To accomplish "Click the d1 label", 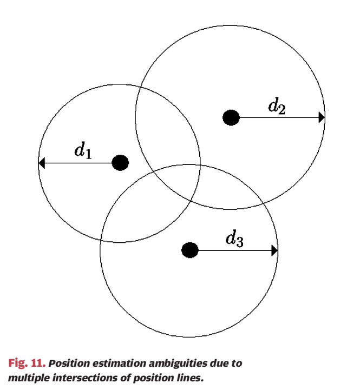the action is (83, 150).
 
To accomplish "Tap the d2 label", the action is (277, 105).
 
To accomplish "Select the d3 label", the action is (234, 238).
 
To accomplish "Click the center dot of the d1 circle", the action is (120, 162).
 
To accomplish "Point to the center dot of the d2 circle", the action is (231, 117).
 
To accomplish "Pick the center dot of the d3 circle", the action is (189, 250).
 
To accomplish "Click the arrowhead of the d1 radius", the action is (42, 162).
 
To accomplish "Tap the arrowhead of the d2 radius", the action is (322, 117).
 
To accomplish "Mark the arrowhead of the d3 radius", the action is (274, 250).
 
